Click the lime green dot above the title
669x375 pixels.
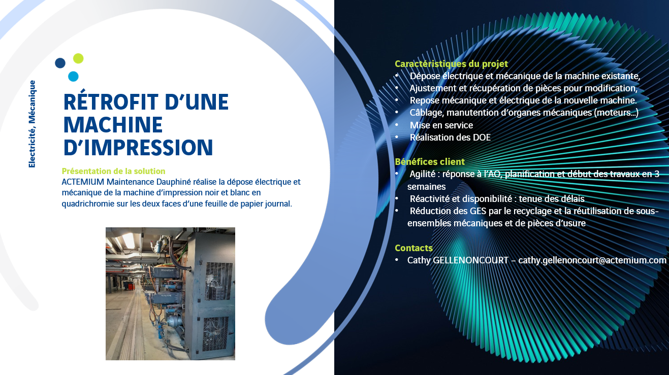pyautogui.click(x=78, y=58)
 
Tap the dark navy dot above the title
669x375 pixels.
pyautogui.click(x=60, y=63)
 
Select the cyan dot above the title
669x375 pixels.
pyautogui.click(x=73, y=77)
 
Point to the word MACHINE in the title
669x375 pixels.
pyautogui.click(x=113, y=125)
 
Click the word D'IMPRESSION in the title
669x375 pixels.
pyautogui.click(x=138, y=147)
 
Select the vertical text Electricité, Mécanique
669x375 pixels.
pyautogui.click(x=32, y=124)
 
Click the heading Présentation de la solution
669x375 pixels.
pyautogui.click(x=113, y=171)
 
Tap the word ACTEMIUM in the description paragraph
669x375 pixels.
pyautogui.click(x=83, y=182)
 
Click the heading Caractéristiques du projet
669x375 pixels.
pyautogui.click(x=451, y=64)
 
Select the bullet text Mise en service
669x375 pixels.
pyautogui.click(x=441, y=125)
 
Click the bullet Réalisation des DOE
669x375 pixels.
pyautogui.click(x=450, y=137)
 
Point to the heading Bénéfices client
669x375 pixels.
pyautogui.click(x=430, y=162)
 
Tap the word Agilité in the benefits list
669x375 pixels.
pyautogui.click(x=423, y=174)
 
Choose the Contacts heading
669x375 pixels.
pyautogui.click(x=413, y=248)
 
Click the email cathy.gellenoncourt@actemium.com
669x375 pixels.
pyautogui.click(x=592, y=260)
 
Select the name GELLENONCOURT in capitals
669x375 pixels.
pyautogui.click(x=470, y=260)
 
